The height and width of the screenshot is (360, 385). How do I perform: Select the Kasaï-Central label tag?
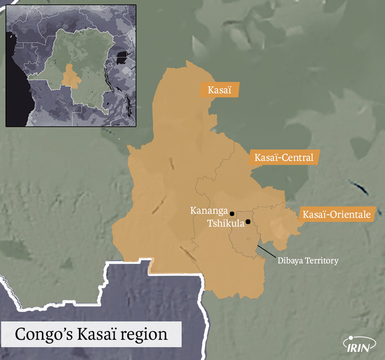tap(284, 158)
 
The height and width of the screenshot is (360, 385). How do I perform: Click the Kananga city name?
tap(208, 210)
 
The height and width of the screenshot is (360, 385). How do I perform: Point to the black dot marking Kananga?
tap(232, 213)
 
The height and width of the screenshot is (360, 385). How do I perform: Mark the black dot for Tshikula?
tap(248, 222)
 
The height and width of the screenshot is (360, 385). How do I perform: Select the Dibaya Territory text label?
tap(308, 261)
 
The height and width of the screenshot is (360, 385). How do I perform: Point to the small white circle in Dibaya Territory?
tap(249, 238)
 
